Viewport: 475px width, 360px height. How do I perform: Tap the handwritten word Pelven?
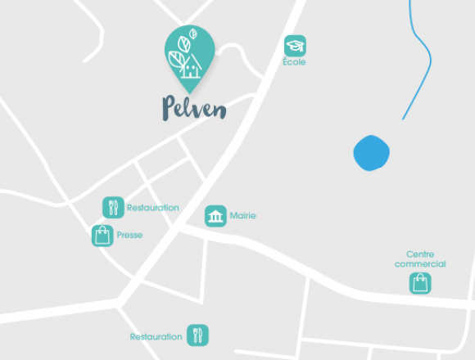pos(193,108)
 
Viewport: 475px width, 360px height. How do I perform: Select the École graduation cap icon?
pos(295,46)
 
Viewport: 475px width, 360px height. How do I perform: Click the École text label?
pos(294,62)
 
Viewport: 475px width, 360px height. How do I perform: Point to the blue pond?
pos(371,152)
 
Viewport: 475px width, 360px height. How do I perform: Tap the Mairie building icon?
pos(215,216)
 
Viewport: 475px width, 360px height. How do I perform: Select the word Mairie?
pos(243,216)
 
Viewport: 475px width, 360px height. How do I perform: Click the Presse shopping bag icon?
pos(102,236)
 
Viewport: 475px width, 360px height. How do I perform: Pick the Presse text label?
pos(129,236)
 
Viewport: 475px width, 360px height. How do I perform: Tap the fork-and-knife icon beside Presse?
pos(113,207)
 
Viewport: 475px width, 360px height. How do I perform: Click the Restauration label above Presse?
pos(152,208)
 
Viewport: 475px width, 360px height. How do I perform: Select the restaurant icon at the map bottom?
pos(197,335)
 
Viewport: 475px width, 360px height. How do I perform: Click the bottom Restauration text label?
pos(156,336)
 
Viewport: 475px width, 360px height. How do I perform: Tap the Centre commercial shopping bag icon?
pos(420,283)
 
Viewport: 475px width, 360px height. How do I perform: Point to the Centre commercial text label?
pos(420,259)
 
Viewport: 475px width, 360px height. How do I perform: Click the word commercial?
pos(420,264)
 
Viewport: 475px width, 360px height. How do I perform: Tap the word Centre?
pos(420,254)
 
